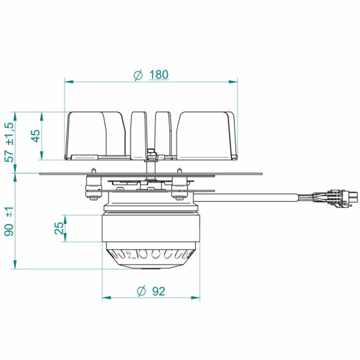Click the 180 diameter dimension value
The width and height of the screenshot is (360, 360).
158,74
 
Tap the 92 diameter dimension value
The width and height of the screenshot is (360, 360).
158,291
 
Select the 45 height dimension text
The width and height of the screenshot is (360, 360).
35,136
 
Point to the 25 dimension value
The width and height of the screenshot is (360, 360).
59,228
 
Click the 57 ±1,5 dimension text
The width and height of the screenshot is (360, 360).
10,142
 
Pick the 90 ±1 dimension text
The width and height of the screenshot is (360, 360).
9,221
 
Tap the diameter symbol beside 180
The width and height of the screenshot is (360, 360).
138,75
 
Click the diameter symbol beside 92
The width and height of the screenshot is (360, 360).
141,291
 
